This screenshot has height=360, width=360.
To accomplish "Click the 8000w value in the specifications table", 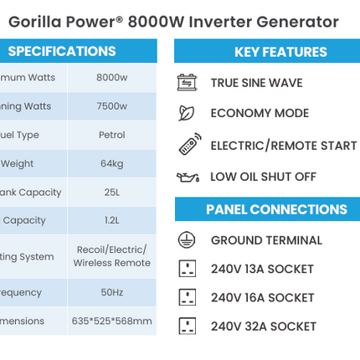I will (x=111, y=78).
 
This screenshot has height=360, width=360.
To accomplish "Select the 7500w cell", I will (x=111, y=106).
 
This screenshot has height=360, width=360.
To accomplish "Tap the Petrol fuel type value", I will (x=111, y=135).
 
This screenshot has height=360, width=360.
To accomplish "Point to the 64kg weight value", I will (x=111, y=163).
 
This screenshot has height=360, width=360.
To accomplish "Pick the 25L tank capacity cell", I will (x=111, y=192).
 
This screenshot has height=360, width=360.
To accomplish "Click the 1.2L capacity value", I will (x=111, y=220).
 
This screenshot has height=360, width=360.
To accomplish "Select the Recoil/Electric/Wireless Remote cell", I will (x=111, y=256).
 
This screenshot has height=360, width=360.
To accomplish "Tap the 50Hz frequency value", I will (x=111, y=292).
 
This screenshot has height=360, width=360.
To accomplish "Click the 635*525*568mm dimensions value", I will (x=111, y=321).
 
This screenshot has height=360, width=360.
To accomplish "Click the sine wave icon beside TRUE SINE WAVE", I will (x=187, y=82).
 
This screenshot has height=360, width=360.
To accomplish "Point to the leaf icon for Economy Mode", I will (x=187, y=113).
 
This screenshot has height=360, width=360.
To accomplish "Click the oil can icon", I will (x=188, y=177).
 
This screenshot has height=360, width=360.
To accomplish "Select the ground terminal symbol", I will (x=187, y=239).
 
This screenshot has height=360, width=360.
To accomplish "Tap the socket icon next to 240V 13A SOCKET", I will (x=188, y=269).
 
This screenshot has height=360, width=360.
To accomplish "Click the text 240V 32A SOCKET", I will (x=263, y=327).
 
